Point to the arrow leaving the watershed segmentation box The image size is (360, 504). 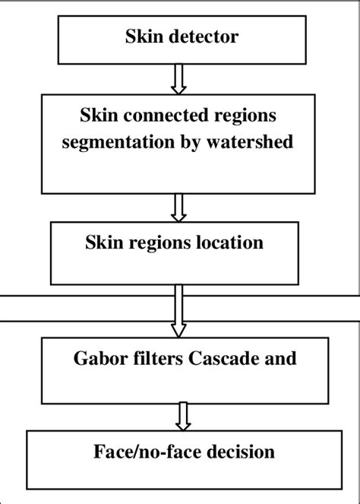(179, 208)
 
